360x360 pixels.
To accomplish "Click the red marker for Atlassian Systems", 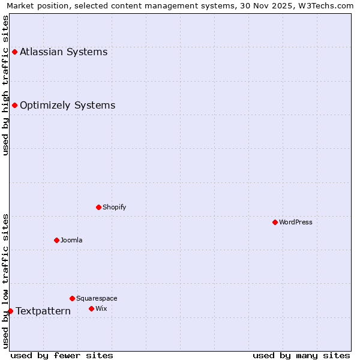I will point(15,52).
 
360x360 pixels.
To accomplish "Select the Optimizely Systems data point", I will point(15,106).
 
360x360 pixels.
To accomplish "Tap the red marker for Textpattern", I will point(10,311).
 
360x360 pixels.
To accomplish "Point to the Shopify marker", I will point(99,207).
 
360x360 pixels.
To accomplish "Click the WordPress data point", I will point(275,222).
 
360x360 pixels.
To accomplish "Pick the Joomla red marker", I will point(57,240).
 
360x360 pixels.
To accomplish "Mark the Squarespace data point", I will point(73,298).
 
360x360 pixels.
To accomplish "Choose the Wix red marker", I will point(92,308).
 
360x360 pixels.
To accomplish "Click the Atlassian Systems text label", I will point(64,52).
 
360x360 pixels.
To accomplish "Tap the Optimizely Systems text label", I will point(67,106).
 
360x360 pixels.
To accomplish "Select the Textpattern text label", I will point(43,311).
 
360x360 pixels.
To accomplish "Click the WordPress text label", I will point(296,222).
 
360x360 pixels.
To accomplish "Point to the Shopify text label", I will point(114,207).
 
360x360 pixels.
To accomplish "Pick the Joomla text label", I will point(71,240).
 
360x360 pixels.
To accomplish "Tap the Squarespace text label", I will point(97,298).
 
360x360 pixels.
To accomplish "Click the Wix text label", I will point(101,308).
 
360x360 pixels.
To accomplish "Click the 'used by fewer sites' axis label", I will point(62,355).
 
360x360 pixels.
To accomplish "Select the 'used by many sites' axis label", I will point(301,355).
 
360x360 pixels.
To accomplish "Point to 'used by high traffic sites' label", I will point(5,85).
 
